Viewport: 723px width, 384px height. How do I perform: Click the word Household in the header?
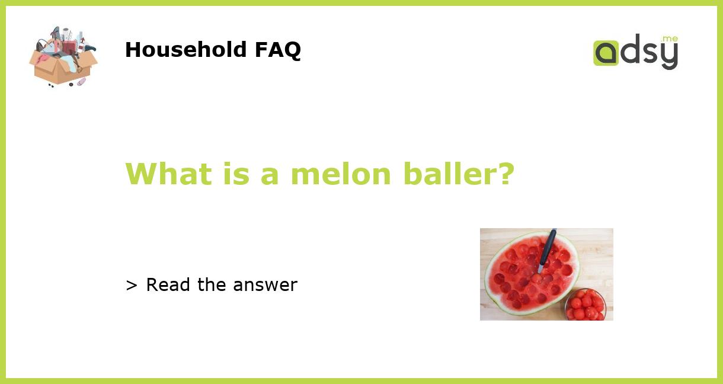[x=186, y=50]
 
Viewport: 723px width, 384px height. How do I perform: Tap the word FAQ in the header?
[x=277, y=50]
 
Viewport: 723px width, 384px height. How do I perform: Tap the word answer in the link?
[x=265, y=285]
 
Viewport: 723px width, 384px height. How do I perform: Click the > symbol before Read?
[x=132, y=286]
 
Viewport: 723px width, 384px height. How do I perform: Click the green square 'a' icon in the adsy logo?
[x=606, y=53]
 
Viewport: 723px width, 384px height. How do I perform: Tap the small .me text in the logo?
[x=670, y=39]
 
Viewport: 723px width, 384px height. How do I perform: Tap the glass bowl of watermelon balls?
[x=586, y=305]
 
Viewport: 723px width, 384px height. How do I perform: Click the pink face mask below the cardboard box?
[x=81, y=82]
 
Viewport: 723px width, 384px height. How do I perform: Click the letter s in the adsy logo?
[x=650, y=53]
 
